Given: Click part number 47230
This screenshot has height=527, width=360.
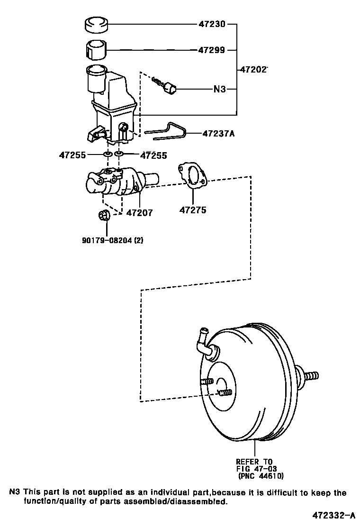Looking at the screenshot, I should tap(212, 23).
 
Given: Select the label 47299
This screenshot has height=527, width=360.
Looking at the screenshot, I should tap(212, 50).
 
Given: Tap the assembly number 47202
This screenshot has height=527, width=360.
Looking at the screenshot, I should tap(252, 69).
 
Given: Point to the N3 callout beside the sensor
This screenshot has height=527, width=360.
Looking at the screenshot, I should tap(220, 89).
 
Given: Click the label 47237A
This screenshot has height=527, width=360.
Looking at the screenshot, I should tap(218, 134).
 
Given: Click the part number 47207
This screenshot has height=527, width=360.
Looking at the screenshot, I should tap(139, 213).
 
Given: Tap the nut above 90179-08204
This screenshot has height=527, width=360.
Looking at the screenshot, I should tap(104, 216).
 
